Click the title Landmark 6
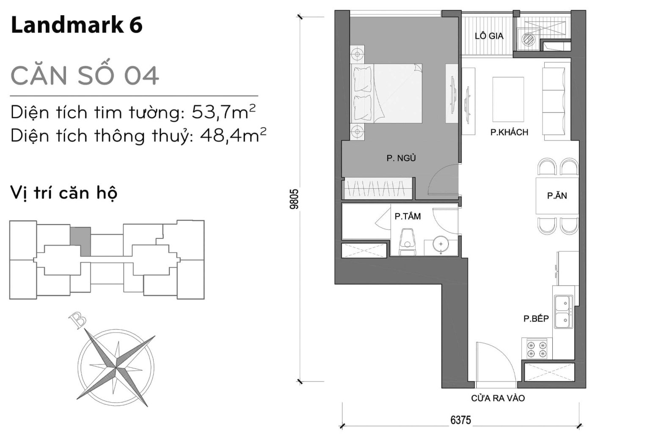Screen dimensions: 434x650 (x=77, y=25)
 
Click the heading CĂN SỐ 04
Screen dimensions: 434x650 (x=85, y=76)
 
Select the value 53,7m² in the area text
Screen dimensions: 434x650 (x=223, y=112)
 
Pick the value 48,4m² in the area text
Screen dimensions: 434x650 (x=233, y=135)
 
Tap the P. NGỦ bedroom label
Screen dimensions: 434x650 (x=401, y=158)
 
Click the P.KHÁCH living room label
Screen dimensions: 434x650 (x=509, y=133)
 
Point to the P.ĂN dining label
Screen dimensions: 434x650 (x=556, y=196)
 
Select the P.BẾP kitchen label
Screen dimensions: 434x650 (x=536, y=319)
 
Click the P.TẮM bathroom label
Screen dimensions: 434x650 (x=408, y=216)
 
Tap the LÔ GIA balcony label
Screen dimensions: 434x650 (x=489, y=36)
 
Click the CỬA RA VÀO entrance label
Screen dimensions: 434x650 (x=498, y=398)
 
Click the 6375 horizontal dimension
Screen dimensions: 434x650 (x=460, y=420)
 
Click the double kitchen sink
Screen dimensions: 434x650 (x=563, y=312)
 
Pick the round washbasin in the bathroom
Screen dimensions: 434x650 (x=441, y=244)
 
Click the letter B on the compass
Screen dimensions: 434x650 (x=78, y=320)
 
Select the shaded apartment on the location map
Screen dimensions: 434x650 (x=82, y=240)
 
